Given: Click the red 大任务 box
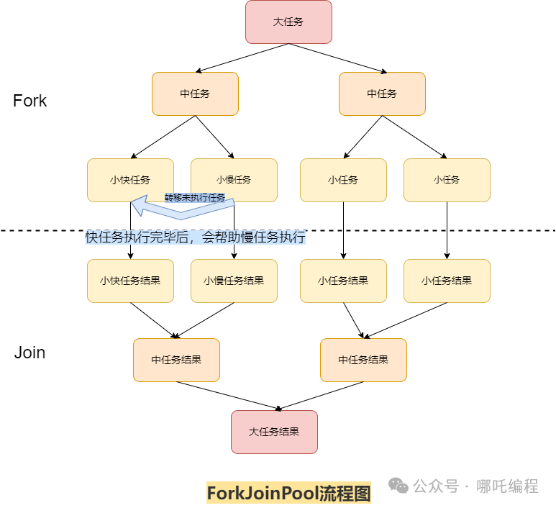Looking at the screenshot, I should [x=288, y=22].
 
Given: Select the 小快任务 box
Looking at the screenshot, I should [x=130, y=180].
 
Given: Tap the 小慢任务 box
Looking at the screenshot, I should [x=234, y=180].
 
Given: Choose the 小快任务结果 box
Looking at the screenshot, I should [x=130, y=281].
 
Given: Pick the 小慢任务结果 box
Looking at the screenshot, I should [x=234, y=281].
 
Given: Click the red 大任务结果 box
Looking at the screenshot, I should [x=274, y=432].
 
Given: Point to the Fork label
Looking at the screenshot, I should [x=29, y=101].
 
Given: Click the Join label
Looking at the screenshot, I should [x=29, y=353].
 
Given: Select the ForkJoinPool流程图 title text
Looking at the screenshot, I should [x=288, y=493].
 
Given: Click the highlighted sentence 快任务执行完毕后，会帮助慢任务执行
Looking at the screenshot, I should [x=195, y=237].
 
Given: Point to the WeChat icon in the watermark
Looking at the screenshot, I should [x=398, y=486].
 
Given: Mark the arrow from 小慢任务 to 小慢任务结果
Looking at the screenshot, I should [x=234, y=248].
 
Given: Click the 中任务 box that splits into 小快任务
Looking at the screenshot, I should [x=195, y=94].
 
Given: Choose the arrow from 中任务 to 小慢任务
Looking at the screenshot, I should [x=214, y=136].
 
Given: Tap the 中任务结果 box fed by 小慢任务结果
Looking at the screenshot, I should [x=176, y=360].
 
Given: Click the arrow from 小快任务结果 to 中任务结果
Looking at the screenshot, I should [x=153, y=320].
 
